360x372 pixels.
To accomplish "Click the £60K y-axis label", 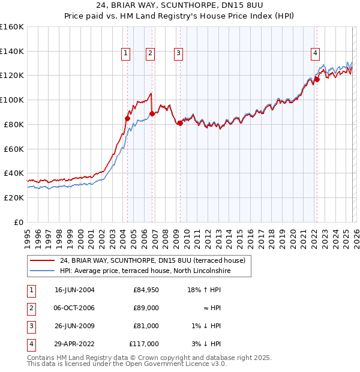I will pyautogui.click(x=13, y=148).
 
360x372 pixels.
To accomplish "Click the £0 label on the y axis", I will pyautogui.click(x=18, y=222).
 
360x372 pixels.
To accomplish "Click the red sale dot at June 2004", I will pyautogui.click(x=127, y=118).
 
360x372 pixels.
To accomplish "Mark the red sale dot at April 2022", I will pyautogui.click(x=317, y=79).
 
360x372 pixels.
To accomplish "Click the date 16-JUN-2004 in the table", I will pyautogui.click(x=74, y=290).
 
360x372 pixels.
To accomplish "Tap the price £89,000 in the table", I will pyautogui.click(x=146, y=308).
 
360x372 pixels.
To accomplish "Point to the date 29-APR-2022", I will pyautogui.click(x=74, y=344).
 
